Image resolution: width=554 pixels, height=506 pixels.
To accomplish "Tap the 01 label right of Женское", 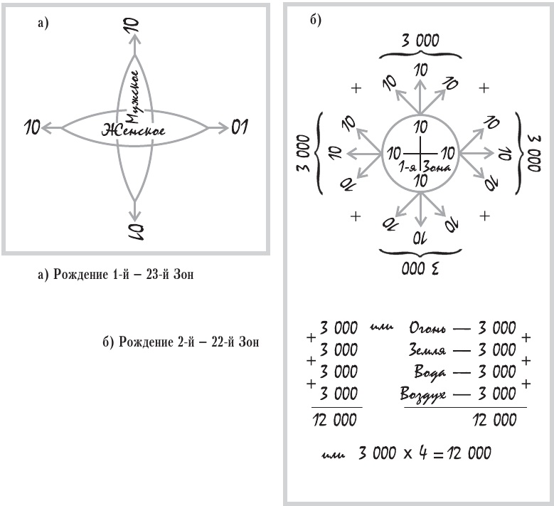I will (x=240, y=128).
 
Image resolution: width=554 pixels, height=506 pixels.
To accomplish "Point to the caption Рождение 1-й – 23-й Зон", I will (x=115, y=275).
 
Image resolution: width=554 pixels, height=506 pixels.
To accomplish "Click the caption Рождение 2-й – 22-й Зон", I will (x=181, y=342).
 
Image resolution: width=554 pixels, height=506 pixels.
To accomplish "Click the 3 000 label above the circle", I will (x=420, y=42).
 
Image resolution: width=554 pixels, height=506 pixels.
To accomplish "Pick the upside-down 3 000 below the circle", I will (x=420, y=269).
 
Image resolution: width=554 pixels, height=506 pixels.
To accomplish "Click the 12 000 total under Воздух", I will (x=493, y=420).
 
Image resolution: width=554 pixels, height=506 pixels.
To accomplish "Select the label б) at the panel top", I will (x=316, y=19).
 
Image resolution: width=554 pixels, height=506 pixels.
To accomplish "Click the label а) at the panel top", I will (x=43, y=23).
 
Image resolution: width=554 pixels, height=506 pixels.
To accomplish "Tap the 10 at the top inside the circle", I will (x=420, y=128).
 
